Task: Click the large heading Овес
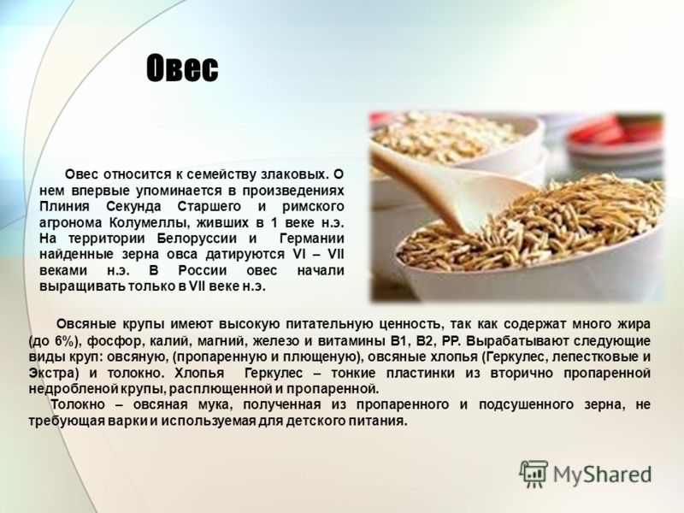click(x=182, y=68)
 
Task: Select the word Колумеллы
click(x=149, y=222)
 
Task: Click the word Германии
click(x=311, y=239)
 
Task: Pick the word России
click(x=203, y=270)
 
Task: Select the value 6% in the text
click(x=67, y=340)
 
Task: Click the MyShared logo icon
click(x=534, y=473)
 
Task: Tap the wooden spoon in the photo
click(x=450, y=187)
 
